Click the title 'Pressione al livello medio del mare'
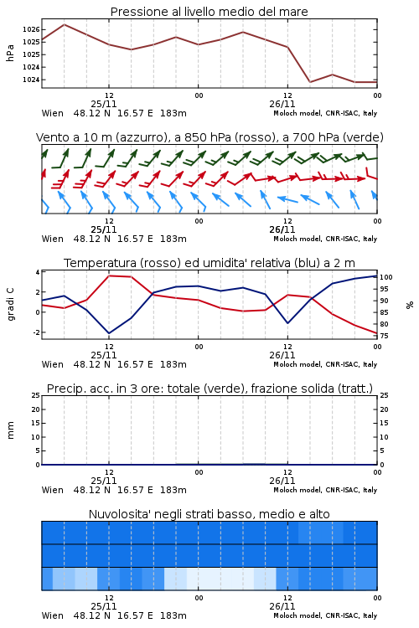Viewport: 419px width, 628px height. point(209,12)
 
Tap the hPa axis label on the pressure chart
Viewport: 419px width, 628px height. point(10,53)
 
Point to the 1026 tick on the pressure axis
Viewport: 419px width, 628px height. point(31,29)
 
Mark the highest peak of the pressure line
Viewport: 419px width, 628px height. point(65,24)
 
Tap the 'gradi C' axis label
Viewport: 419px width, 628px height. point(10,305)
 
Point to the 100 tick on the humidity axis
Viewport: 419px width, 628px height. point(386,277)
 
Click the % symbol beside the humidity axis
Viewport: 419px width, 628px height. point(410,305)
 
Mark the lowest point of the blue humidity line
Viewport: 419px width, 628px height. point(109,333)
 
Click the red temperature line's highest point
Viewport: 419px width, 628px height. point(109,275)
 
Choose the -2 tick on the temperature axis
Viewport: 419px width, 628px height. point(36,332)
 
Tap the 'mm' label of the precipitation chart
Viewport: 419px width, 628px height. point(10,430)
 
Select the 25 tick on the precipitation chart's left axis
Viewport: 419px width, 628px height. point(36,395)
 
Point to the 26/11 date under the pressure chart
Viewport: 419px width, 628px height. point(282,104)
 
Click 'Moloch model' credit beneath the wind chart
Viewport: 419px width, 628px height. point(297,239)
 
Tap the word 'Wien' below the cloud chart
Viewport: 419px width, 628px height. point(53,615)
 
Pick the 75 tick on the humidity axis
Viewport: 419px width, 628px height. point(384,336)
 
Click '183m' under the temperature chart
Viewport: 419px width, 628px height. point(173,364)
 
